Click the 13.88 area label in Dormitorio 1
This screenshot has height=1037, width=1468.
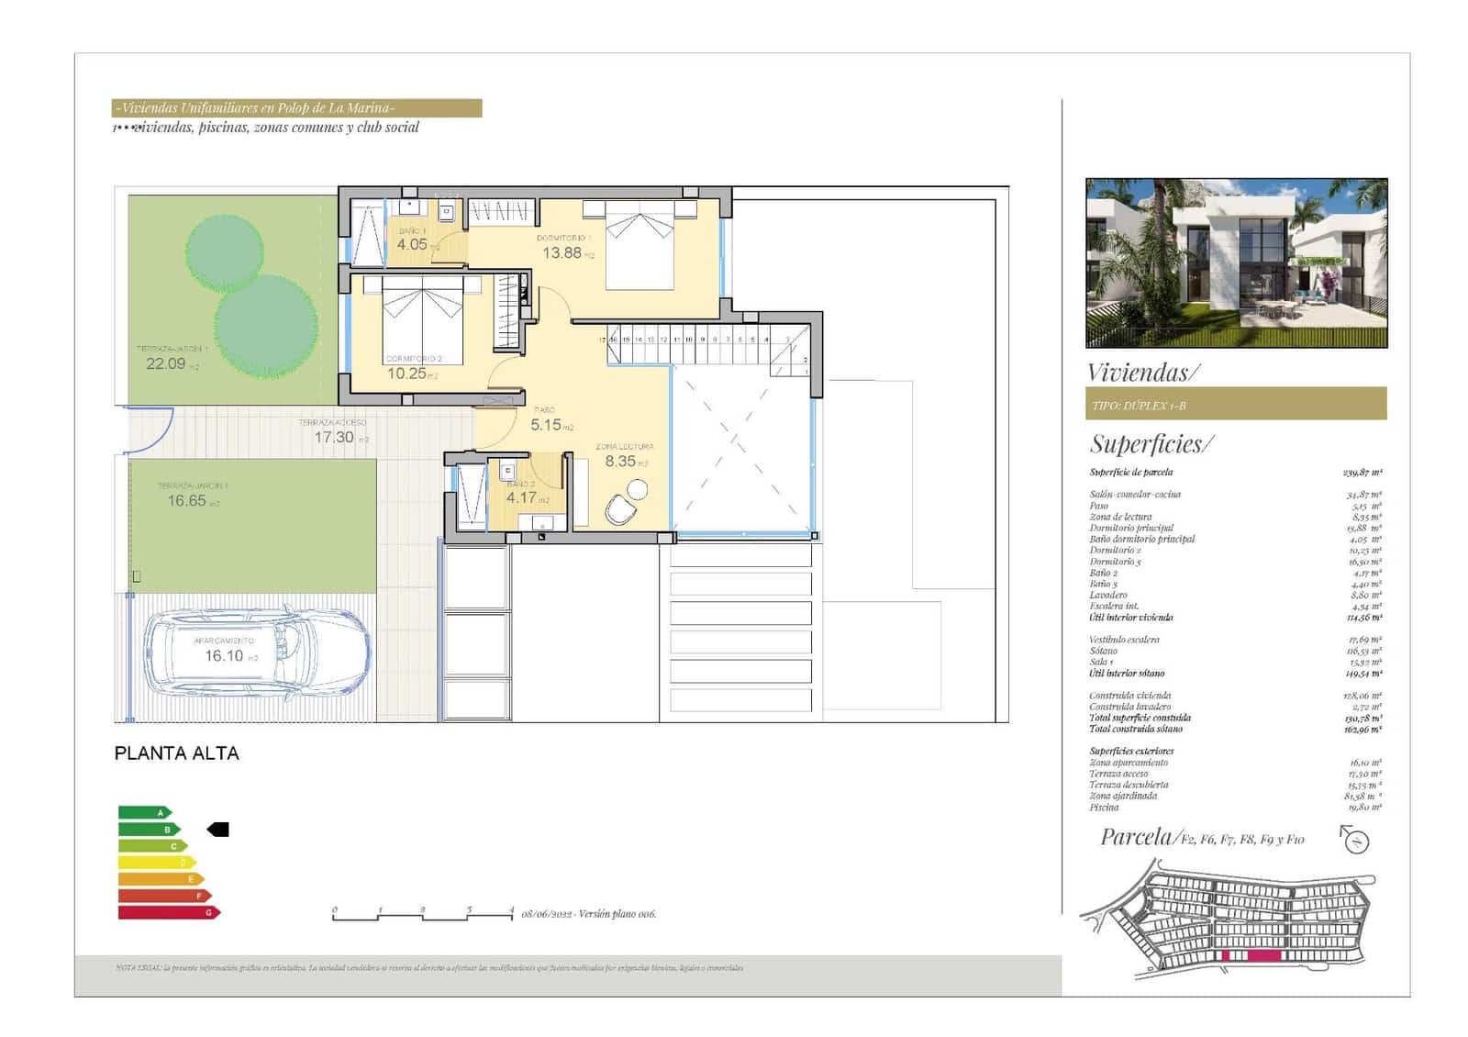click(562, 253)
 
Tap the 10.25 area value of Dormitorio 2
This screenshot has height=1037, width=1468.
click(406, 374)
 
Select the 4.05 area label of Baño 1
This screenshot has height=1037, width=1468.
click(412, 244)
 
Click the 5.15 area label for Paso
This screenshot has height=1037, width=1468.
click(546, 425)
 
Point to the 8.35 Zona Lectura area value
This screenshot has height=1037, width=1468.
click(620, 462)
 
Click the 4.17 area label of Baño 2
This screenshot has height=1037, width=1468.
click(521, 498)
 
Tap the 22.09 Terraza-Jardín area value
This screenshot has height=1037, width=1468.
click(166, 363)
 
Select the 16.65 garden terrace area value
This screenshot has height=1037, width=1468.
click(187, 501)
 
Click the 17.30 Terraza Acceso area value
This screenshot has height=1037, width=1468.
click(334, 438)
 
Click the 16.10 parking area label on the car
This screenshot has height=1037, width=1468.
click(224, 656)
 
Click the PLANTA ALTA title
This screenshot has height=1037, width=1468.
click(176, 753)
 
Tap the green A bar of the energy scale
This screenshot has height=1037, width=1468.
click(144, 812)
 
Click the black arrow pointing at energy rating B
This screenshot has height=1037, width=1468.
click(218, 830)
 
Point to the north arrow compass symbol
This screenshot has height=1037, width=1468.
click(1354, 839)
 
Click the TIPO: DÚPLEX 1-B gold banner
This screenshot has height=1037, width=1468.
click(1235, 405)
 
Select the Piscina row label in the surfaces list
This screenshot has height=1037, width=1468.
click(1104, 808)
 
